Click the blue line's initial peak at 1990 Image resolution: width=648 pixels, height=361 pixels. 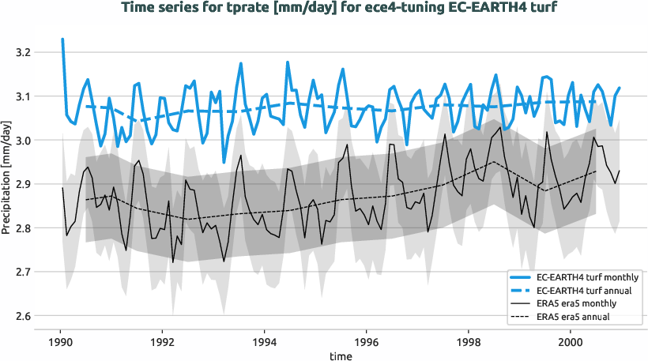click(x=62, y=39)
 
